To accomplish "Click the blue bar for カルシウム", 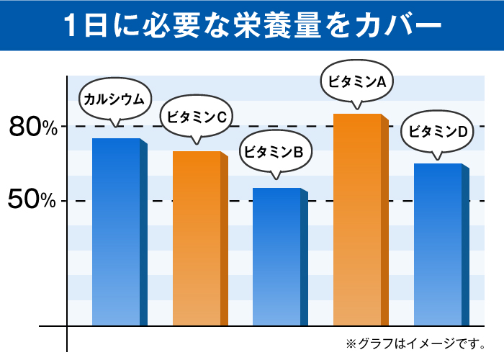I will (x=116, y=232).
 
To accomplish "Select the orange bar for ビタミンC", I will (x=197, y=238).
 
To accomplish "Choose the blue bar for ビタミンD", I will (x=438, y=244).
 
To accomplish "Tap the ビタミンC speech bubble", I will (x=197, y=116).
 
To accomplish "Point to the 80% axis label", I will (x=32, y=128).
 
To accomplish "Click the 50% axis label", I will (x=32, y=201).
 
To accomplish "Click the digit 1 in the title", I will (x=71, y=25).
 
